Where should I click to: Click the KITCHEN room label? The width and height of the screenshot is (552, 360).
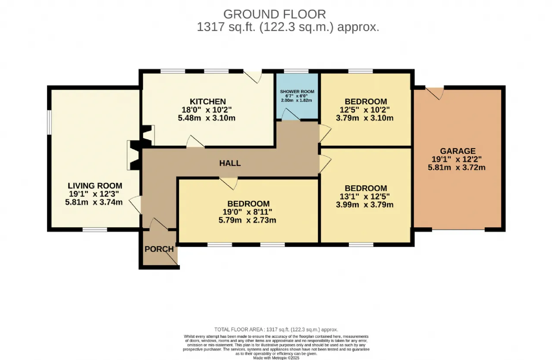(x=207, y=101)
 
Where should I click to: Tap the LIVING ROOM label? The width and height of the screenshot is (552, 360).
(x=95, y=185)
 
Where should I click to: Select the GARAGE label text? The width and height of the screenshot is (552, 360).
(x=458, y=151)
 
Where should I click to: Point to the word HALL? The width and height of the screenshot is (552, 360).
(x=230, y=163)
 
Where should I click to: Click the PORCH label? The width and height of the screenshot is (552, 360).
(x=159, y=249)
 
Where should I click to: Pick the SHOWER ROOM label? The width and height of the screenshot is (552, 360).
(x=297, y=92)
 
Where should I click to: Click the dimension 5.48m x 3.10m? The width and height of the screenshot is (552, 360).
(x=207, y=118)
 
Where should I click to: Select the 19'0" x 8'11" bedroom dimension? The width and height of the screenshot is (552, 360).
(x=247, y=212)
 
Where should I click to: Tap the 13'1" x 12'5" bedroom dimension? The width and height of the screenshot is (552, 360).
(x=364, y=197)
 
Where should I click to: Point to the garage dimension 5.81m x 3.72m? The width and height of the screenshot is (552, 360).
(x=457, y=167)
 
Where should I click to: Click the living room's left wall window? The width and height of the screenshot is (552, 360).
(x=49, y=122)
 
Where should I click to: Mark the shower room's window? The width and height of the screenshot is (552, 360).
(x=296, y=72)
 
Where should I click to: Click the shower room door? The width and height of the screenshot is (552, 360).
(x=291, y=115)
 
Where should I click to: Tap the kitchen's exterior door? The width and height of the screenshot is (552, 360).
(x=253, y=77)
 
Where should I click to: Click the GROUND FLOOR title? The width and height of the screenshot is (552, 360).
(x=275, y=14)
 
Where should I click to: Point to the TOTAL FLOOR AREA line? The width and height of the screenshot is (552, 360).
(x=276, y=329)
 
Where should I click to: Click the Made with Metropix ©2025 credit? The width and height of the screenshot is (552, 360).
(x=276, y=358)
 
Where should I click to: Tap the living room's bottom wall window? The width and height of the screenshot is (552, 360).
(x=95, y=230)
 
